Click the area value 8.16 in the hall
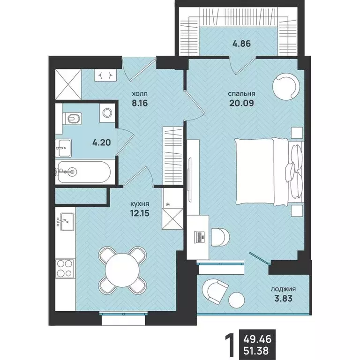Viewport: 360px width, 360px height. point(140,103)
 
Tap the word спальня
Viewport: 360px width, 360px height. point(241,94)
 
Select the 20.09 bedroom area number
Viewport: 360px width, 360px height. point(241,103)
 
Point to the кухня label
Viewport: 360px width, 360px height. point(140,203)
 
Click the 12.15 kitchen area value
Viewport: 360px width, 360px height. point(140,213)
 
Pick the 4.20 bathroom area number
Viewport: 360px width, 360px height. point(101,142)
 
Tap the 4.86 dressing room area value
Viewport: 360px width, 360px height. point(241,44)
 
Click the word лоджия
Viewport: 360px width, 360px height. point(283,289)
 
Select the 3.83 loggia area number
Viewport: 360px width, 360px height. point(283,299)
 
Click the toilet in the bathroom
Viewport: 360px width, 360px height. point(72,119)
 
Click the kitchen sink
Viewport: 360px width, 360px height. point(65,222)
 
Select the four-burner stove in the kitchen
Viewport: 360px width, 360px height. point(65,269)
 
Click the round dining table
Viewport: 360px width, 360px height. point(122,270)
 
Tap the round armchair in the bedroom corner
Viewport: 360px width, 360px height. point(286,86)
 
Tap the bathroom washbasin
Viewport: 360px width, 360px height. point(63,148)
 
